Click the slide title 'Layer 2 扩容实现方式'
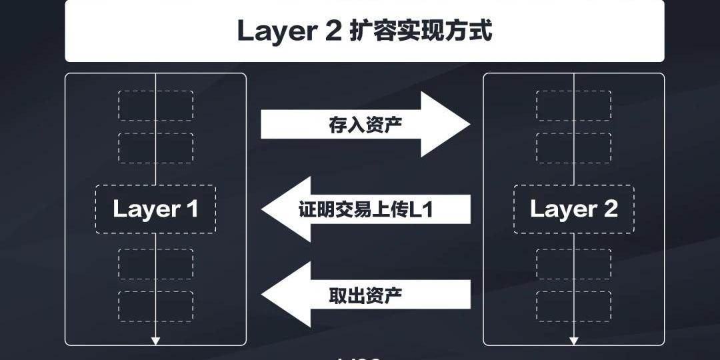tap(364, 31)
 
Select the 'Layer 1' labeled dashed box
tap(155, 209)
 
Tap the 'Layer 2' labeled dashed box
tap(573, 209)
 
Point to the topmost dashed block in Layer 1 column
tap(155, 105)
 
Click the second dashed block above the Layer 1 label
tap(155, 148)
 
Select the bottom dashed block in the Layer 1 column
tap(155, 306)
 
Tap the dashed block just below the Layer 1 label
tap(155, 264)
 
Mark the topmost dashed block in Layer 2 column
tap(573, 105)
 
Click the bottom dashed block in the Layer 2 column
tap(573, 306)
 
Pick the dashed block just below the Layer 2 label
tap(573, 264)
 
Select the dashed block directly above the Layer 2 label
tap(573, 148)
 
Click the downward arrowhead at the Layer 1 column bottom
tap(155, 341)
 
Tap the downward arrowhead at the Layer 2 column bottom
tap(573, 341)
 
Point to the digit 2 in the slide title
tap(333, 31)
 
